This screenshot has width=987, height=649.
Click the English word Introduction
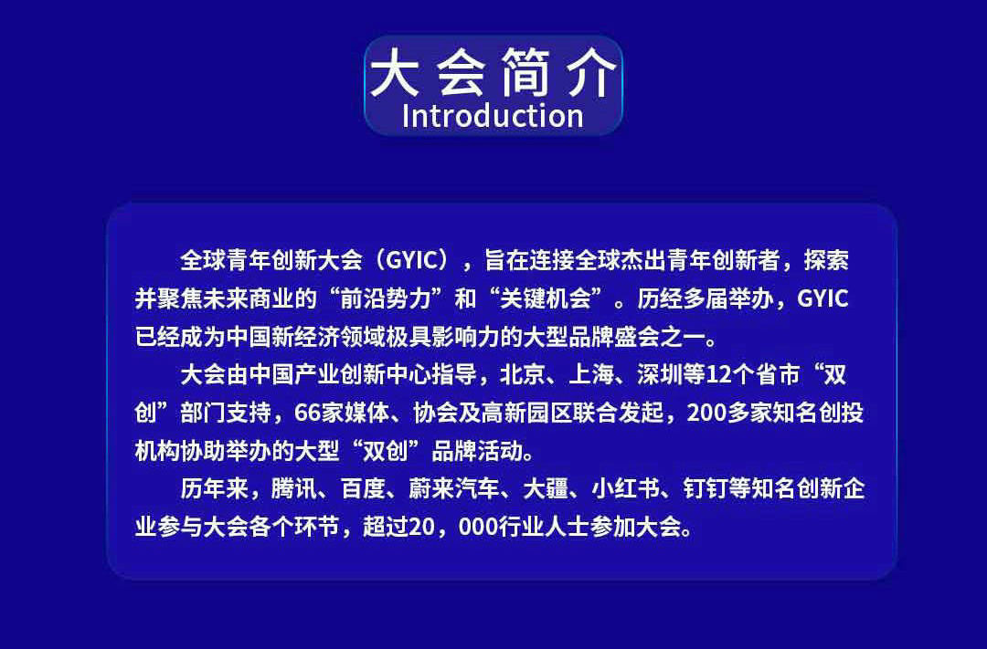[493, 116]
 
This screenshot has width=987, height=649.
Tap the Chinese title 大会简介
[493, 73]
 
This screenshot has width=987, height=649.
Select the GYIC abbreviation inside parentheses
[411, 260]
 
